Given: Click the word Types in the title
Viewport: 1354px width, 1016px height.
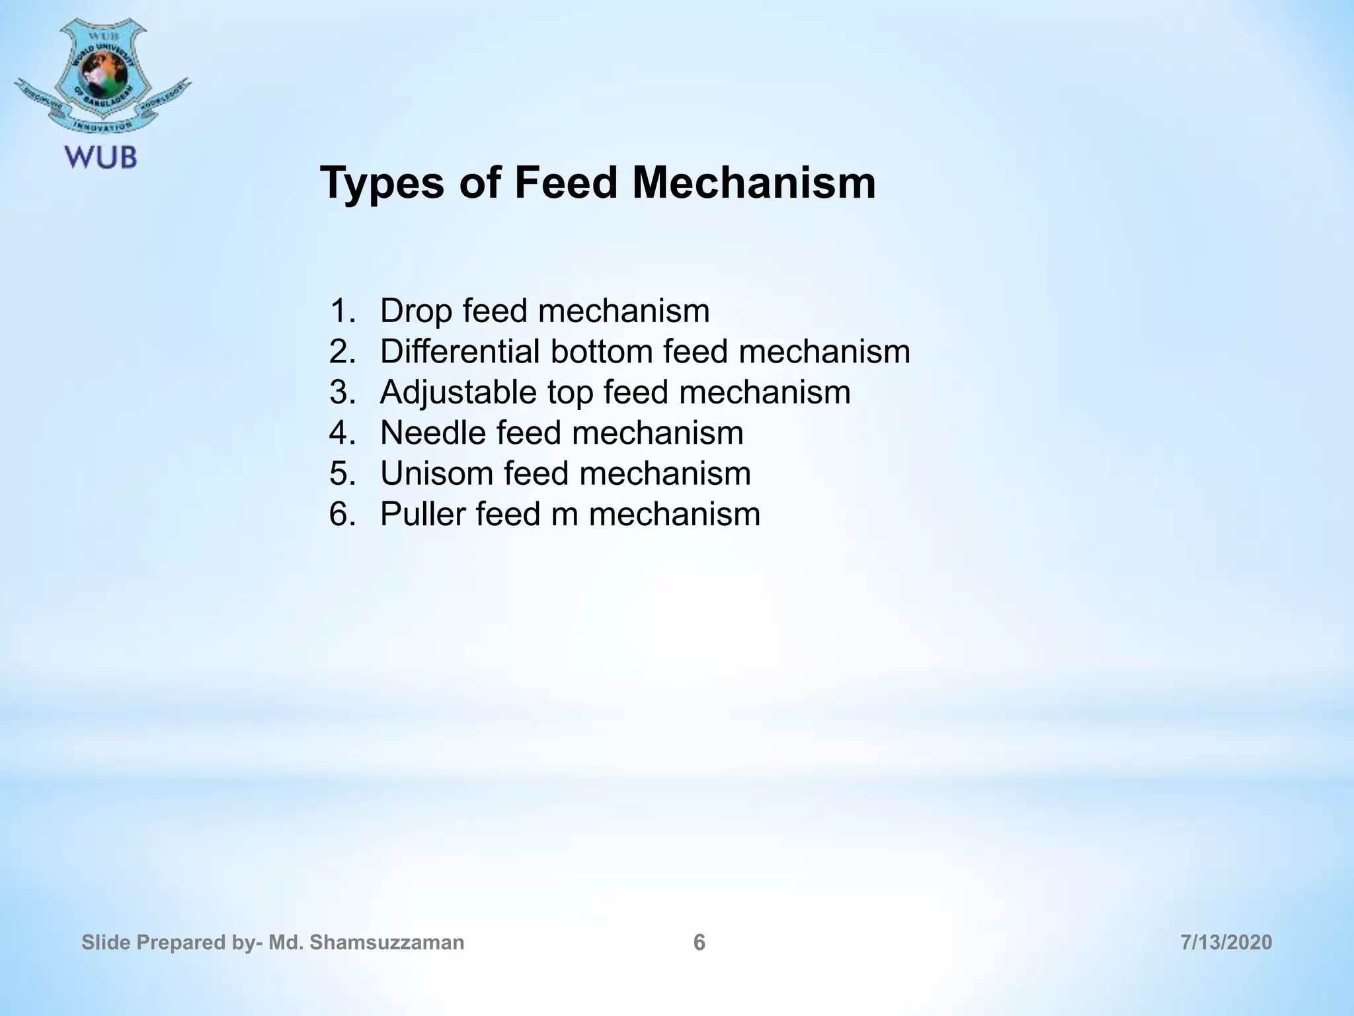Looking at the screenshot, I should tap(382, 183).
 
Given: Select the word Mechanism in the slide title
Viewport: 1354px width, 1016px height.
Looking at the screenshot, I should tap(754, 183).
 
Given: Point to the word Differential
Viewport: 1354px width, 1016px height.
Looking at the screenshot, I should tap(460, 351).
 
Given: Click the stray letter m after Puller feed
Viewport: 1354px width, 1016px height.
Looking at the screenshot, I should tap(564, 515).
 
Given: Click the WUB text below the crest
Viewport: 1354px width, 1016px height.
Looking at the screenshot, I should tap(100, 157).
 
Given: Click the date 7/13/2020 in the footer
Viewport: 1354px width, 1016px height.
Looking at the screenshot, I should tap(1226, 943).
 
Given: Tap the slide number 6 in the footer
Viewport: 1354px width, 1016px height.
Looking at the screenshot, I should tap(699, 943).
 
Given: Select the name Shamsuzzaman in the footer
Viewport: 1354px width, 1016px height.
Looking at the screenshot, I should tap(387, 943).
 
